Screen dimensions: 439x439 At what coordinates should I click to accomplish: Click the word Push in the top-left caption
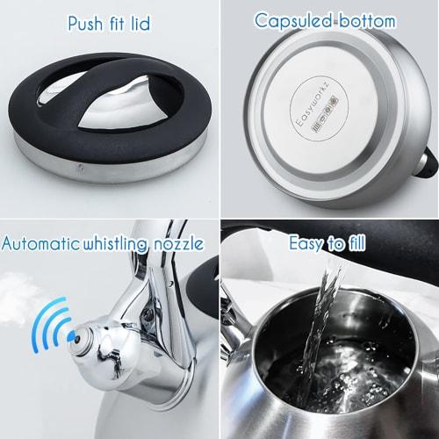click(x=87, y=23)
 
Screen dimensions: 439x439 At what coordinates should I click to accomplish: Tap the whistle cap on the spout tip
click(x=88, y=336)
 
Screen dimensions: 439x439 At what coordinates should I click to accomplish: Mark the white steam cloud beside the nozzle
click(x=18, y=307)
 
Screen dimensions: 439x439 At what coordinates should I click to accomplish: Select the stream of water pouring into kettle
click(x=325, y=316)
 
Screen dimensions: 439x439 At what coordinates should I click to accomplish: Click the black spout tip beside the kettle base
click(x=429, y=157)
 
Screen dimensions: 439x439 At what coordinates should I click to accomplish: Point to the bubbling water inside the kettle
click(x=325, y=386)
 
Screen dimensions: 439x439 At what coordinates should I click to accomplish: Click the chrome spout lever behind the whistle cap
click(x=145, y=290)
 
